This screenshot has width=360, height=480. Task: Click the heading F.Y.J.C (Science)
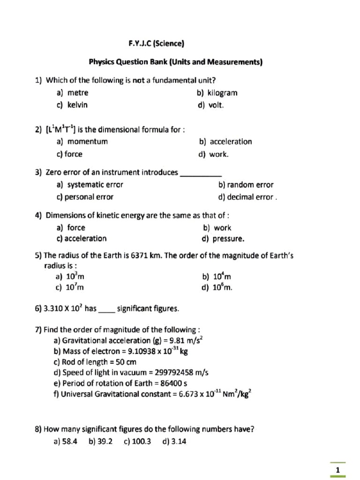pyautogui.click(x=157, y=44)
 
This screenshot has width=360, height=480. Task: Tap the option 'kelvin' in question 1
pyautogui.click(x=77, y=105)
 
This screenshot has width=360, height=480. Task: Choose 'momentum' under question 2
pyautogui.click(x=87, y=142)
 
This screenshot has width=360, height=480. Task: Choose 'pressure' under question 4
pyautogui.click(x=228, y=239)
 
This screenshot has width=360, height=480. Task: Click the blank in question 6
pyautogui.click(x=107, y=309)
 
